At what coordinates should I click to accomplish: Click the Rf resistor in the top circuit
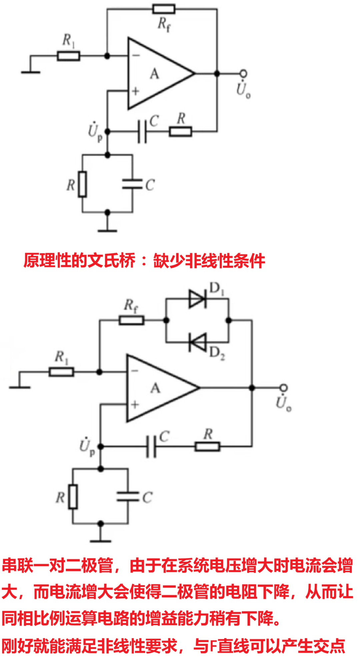[164, 9]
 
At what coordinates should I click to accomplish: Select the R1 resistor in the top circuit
[68, 56]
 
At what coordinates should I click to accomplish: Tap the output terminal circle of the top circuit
[244, 73]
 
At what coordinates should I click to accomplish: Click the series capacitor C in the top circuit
[142, 131]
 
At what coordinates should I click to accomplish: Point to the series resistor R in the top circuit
[180, 131]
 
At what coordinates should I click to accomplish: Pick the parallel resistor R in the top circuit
[82, 184]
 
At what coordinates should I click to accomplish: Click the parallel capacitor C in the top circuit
[132, 184]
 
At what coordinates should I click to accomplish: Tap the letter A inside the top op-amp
[154, 74]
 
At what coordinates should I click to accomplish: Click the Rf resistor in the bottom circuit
[132, 320]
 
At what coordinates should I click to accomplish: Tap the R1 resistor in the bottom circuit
[61, 372]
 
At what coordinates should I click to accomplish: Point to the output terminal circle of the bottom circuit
[284, 388]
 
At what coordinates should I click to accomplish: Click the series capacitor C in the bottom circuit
[151, 447]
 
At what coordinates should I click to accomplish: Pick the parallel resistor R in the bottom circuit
[73, 497]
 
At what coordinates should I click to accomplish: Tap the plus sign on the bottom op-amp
[135, 405]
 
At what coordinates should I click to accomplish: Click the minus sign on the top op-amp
[136, 55]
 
